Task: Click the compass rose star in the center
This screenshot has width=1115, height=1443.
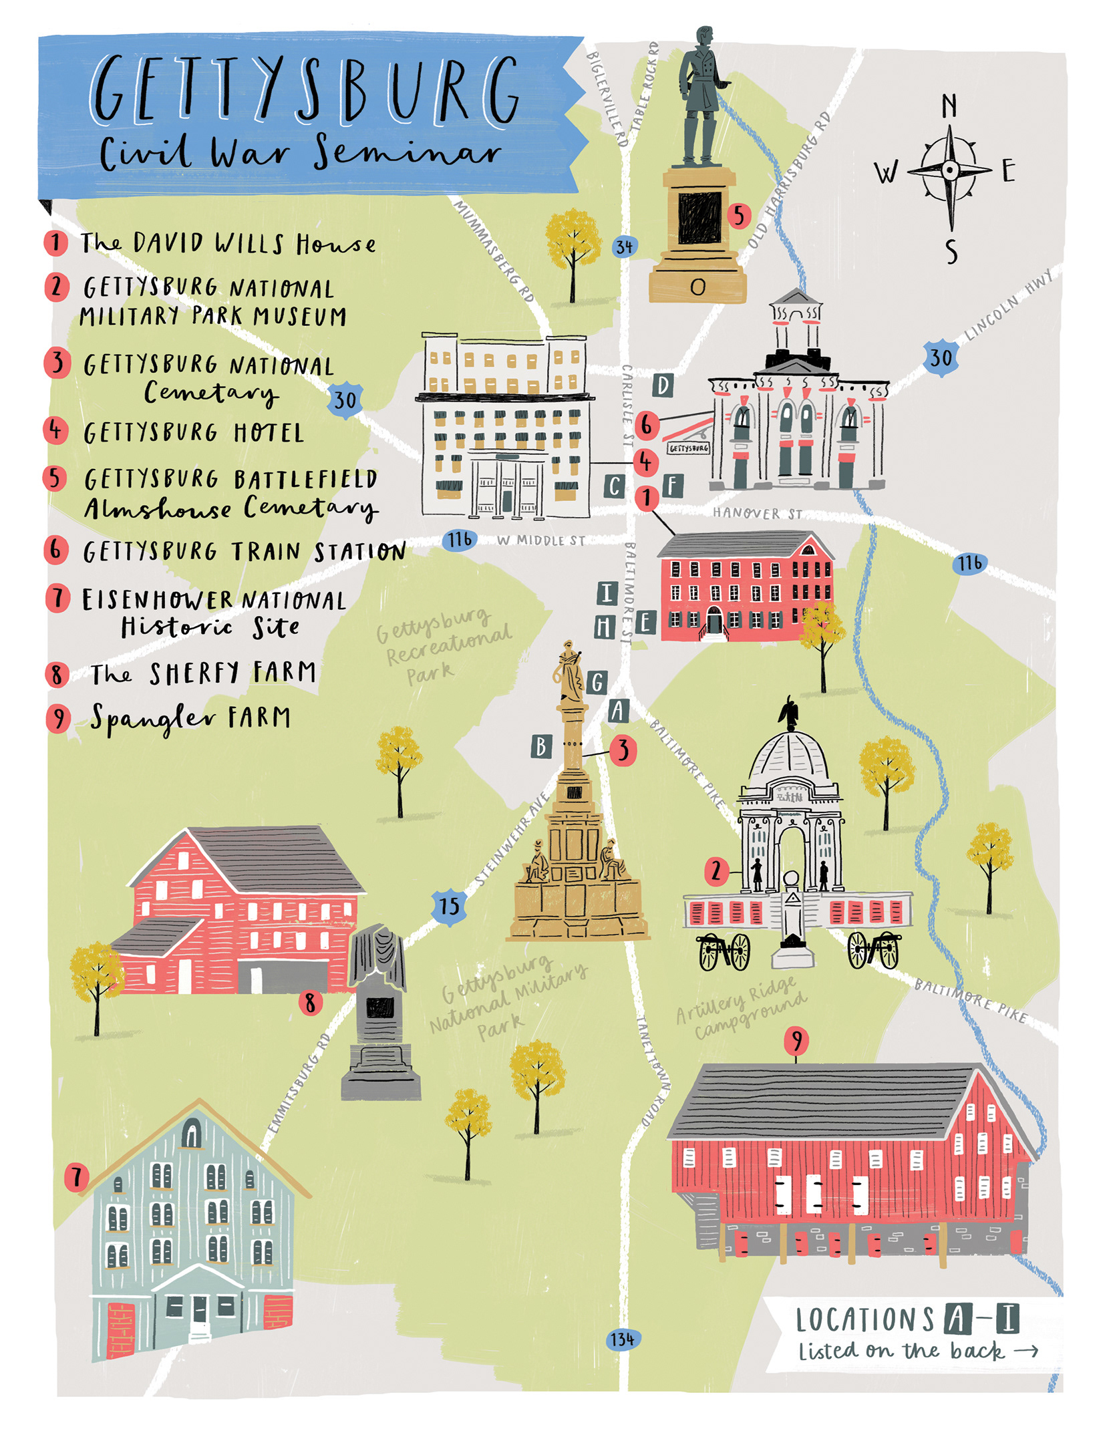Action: (x=949, y=170)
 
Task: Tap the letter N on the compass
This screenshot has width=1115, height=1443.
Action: (x=949, y=106)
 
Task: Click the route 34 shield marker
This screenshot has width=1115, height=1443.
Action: (x=624, y=247)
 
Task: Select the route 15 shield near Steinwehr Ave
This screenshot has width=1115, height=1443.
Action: (x=449, y=907)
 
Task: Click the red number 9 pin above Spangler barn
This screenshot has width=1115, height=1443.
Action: (x=796, y=1040)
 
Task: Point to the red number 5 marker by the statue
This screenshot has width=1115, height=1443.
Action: (x=739, y=216)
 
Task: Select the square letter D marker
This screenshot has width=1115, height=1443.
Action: (x=663, y=385)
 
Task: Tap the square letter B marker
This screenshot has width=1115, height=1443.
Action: (x=541, y=746)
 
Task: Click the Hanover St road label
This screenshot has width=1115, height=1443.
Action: (x=757, y=513)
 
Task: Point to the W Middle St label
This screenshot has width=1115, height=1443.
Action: (x=540, y=540)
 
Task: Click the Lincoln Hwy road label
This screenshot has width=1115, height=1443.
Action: (x=1009, y=304)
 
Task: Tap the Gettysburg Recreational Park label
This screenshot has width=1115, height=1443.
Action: (x=442, y=645)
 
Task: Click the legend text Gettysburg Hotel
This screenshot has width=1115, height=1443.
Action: (x=194, y=433)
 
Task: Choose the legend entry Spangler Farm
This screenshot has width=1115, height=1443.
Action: (x=190, y=718)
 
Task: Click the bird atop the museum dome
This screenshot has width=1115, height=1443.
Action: (x=790, y=712)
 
